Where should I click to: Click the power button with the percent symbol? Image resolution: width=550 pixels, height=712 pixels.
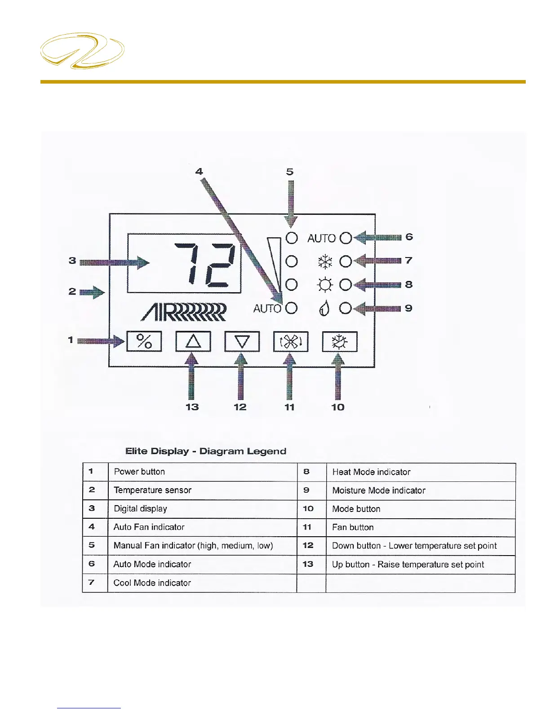[144, 342]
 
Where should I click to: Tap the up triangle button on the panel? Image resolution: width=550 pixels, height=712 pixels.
[193, 342]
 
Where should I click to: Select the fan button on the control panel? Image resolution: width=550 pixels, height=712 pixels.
[291, 342]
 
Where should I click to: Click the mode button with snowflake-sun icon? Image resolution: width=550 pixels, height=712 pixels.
[340, 342]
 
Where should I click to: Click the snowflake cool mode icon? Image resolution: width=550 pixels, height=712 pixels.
[325, 262]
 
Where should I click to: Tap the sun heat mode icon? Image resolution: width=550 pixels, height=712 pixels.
[325, 285]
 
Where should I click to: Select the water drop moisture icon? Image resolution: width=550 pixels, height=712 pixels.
[324, 308]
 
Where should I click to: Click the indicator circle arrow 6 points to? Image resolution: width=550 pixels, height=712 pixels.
[346, 238]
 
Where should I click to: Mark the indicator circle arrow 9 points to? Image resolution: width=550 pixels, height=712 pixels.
[346, 308]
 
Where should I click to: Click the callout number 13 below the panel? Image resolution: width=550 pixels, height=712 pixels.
[192, 407]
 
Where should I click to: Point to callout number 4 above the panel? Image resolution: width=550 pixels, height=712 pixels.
[199, 172]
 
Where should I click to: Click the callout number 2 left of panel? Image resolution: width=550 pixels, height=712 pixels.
[72, 291]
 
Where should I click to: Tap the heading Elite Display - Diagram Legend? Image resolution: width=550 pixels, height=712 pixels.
[206, 451]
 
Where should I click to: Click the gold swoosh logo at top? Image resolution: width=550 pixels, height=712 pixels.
[82, 50]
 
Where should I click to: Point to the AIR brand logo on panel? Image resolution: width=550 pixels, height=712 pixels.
[183, 312]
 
